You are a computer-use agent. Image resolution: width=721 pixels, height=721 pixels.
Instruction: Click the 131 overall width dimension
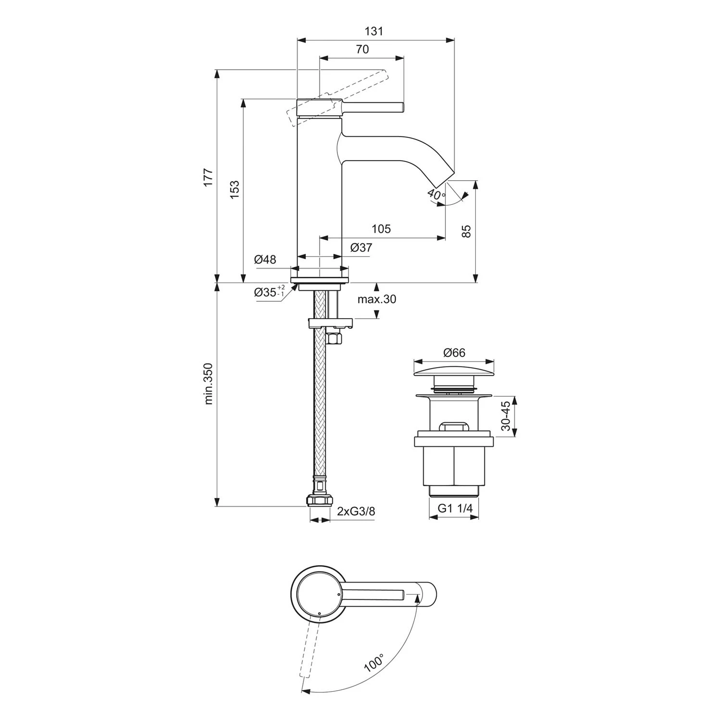pyautogui.click(x=374, y=32)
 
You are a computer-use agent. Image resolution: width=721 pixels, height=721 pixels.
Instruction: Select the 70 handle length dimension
pyautogui.click(x=362, y=49)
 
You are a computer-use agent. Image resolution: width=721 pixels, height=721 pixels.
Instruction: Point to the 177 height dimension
pyautogui.click(x=208, y=178)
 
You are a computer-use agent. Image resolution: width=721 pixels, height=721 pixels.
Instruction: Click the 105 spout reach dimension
pyautogui.click(x=381, y=229)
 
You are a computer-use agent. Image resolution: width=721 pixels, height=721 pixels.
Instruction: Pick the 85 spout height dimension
pyautogui.click(x=466, y=231)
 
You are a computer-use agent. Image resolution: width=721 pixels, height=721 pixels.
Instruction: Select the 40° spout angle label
pyautogui.click(x=435, y=195)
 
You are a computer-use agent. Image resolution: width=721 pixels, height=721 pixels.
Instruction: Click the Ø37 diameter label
pyautogui.click(x=361, y=248)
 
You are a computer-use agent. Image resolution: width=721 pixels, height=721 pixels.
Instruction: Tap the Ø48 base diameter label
pyautogui.click(x=265, y=260)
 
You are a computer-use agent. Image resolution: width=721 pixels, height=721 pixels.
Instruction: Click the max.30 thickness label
pyautogui.click(x=377, y=299)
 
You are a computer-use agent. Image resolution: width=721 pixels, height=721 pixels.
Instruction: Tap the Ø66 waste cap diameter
pyautogui.click(x=454, y=353)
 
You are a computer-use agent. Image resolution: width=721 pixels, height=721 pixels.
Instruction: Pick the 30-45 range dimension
pyautogui.click(x=505, y=416)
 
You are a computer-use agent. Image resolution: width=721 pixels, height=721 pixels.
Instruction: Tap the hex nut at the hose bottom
pyautogui.click(x=319, y=501)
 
